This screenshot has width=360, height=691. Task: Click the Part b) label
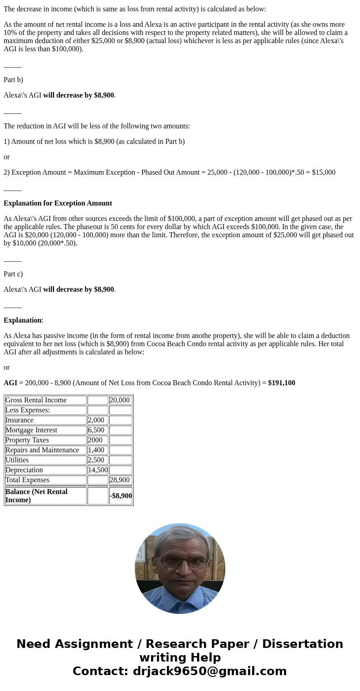(x=13, y=80)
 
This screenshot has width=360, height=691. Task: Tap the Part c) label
(x=13, y=274)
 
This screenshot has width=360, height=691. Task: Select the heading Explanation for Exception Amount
(x=58, y=203)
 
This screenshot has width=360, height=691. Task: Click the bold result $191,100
(x=281, y=383)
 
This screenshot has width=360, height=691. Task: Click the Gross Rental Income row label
(x=36, y=400)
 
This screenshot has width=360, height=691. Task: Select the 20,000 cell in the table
(x=120, y=400)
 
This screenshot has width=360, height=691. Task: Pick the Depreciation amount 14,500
(x=97, y=470)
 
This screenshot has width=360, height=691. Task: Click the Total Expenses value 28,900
(x=120, y=480)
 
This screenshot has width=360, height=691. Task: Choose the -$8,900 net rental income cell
(x=121, y=496)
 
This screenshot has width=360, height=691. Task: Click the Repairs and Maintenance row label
(x=42, y=450)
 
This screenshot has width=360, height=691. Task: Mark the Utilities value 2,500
(x=96, y=460)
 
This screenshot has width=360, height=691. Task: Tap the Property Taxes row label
(x=27, y=440)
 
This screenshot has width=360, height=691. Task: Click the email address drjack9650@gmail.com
(x=209, y=671)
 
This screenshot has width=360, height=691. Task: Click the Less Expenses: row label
(x=28, y=410)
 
